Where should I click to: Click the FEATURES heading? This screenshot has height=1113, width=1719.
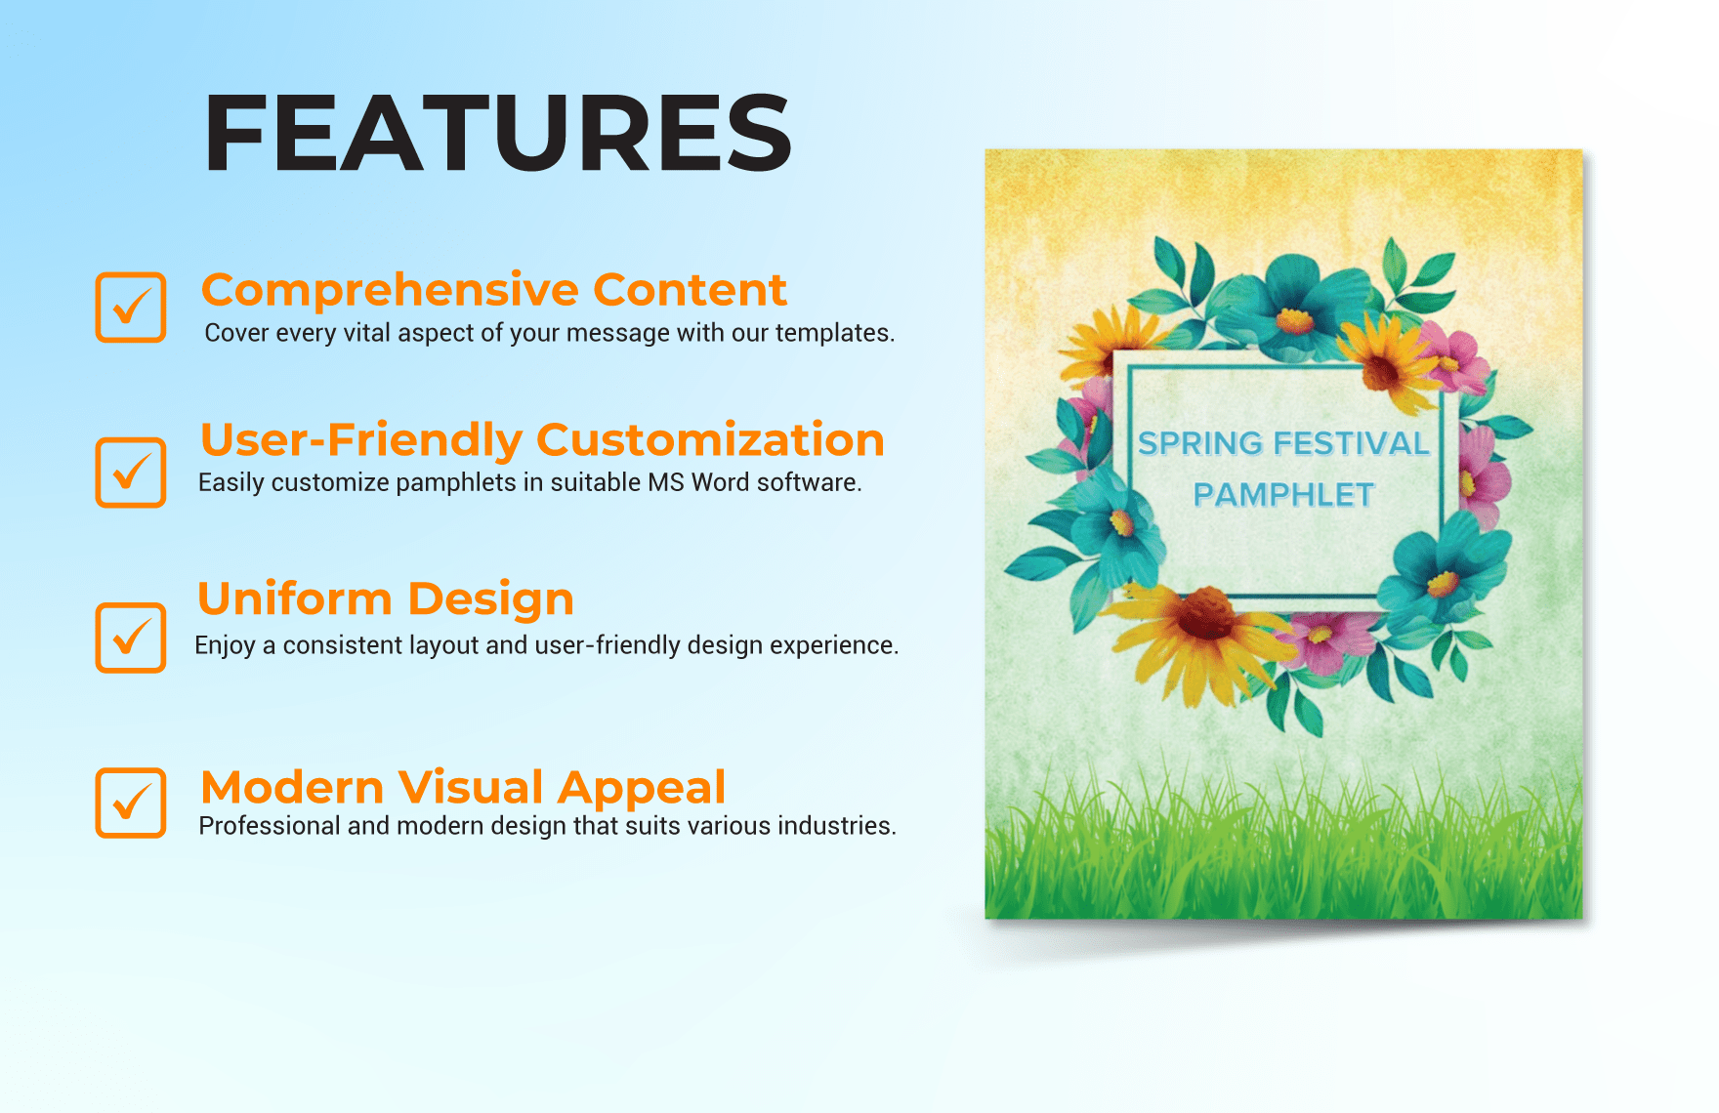(x=497, y=134)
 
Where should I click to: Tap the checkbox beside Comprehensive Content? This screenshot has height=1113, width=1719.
(x=130, y=308)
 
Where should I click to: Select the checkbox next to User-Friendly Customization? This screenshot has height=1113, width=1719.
(x=130, y=473)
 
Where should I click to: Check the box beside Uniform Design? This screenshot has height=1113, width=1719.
(x=130, y=638)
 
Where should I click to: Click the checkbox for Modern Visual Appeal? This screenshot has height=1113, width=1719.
(x=130, y=803)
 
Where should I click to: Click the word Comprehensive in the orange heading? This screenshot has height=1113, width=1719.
(x=390, y=290)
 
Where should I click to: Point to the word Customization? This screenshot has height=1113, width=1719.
(x=710, y=439)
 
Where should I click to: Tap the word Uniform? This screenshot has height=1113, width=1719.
(x=294, y=598)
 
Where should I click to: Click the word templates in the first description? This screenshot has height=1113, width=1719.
(x=834, y=333)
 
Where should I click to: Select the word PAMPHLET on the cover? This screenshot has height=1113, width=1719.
(x=1283, y=495)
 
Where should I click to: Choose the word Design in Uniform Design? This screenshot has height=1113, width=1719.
(x=491, y=598)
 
